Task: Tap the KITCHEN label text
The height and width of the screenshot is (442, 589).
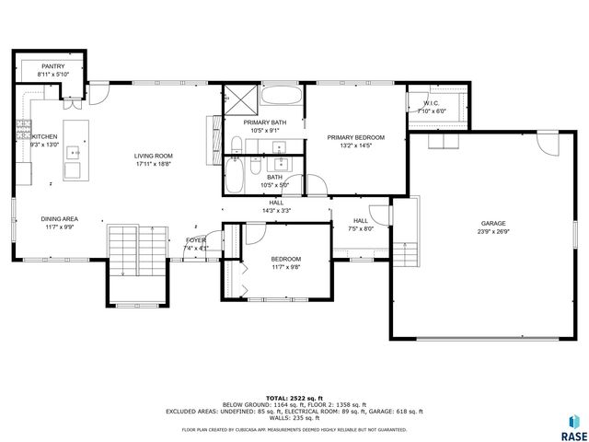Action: pos(45,136)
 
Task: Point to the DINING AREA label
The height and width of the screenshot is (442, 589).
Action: pos(59,219)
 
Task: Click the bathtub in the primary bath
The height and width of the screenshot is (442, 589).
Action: pos(282,96)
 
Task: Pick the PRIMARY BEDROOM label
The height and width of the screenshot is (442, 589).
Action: pos(355,137)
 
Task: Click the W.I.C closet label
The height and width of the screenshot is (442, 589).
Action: pos(431,103)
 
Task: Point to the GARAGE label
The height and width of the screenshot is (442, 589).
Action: pos(493,223)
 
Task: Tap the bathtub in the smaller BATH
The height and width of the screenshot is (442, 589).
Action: pos(235,175)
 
